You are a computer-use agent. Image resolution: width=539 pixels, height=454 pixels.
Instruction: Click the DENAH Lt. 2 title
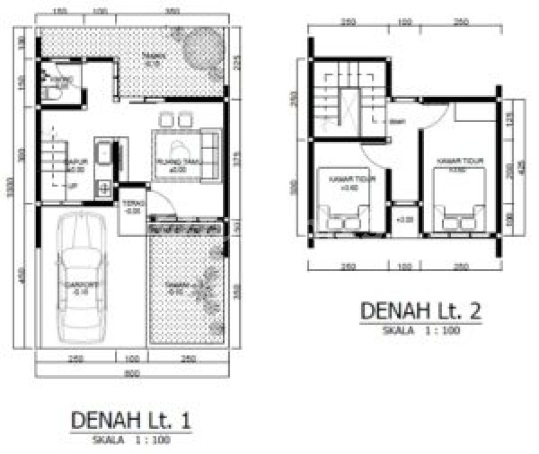click(x=421, y=311)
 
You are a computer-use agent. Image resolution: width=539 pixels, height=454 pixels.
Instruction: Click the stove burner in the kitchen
click(x=103, y=190)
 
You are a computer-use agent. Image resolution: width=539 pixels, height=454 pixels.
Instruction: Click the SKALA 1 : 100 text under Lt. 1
click(x=132, y=440)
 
